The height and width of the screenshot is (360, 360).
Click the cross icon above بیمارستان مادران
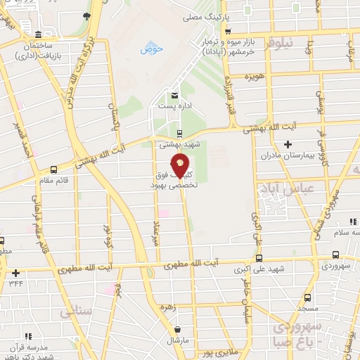[x=287, y=144]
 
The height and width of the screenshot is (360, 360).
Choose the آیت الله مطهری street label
[x=191, y=264]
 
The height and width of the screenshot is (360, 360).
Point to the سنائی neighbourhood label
[x=76, y=309]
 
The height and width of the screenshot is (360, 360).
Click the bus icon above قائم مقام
[x=54, y=169]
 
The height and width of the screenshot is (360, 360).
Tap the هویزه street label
[x=254, y=75]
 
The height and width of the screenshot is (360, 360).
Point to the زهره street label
[x=188, y=307]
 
